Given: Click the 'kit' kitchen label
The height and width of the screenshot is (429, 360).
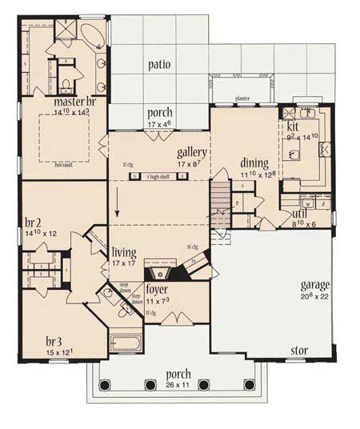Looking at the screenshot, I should coord(292,126).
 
